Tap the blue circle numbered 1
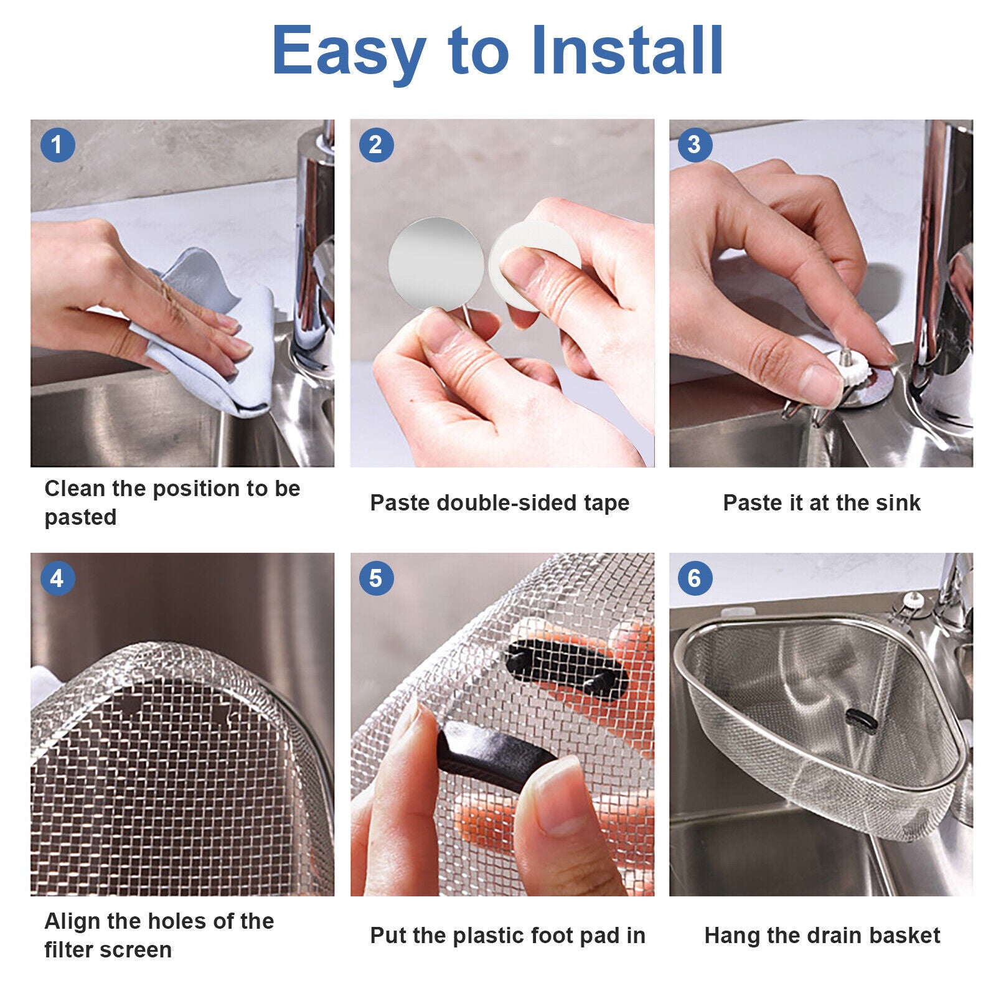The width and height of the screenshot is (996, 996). click(x=57, y=145)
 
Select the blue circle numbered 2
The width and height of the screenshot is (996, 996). click(x=376, y=145)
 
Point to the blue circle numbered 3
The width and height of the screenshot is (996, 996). click(x=695, y=145)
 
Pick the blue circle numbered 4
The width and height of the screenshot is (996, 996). click(x=57, y=578)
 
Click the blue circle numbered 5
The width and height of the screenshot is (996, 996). click(x=376, y=578)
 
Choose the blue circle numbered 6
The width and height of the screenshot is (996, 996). click(x=695, y=578)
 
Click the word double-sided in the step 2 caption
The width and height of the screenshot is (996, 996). click(x=507, y=502)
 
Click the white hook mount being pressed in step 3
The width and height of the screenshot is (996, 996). click(x=848, y=369)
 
